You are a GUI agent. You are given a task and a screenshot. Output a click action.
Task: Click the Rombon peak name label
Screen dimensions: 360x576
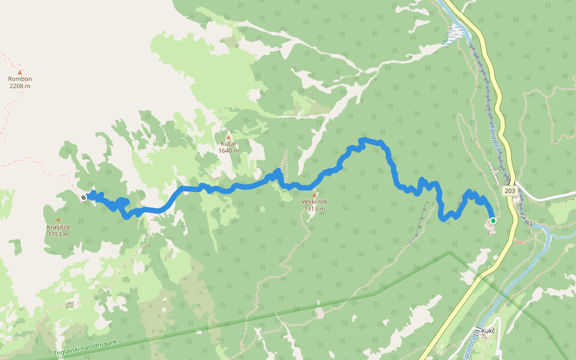pyautogui.click(x=20, y=79)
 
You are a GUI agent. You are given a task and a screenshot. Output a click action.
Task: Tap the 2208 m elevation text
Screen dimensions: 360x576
pyautogui.click(x=20, y=86)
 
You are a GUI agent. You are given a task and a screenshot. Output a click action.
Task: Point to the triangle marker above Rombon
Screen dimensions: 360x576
pyautogui.click(x=20, y=72)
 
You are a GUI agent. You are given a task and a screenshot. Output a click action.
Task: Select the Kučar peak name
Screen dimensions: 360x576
pyautogui.click(x=229, y=144)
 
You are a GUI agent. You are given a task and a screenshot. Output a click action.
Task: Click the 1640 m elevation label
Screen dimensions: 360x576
pyautogui.click(x=229, y=151)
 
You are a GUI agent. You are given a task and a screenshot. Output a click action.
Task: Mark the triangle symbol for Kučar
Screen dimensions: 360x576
pyautogui.click(x=228, y=137)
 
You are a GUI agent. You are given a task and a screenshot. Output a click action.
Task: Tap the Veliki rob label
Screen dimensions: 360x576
pyautogui.click(x=314, y=202)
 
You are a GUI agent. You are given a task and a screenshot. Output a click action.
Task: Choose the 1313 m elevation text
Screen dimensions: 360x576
pyautogui.click(x=314, y=209)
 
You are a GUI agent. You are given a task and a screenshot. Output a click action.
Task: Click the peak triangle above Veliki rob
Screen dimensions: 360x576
pyautogui.click(x=314, y=194)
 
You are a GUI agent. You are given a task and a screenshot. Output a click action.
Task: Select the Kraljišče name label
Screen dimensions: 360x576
pyautogui.click(x=58, y=227)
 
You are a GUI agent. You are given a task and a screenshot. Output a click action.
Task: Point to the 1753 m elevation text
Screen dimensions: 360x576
pyautogui.click(x=58, y=234)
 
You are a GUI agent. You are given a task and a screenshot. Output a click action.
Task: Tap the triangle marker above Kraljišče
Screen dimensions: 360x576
pyautogui.click(x=58, y=220)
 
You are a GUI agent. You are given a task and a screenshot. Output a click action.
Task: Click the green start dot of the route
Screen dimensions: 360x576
pyautogui.click(x=493, y=221)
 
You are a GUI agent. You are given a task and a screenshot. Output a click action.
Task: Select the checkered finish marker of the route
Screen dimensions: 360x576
pyautogui.click(x=83, y=197)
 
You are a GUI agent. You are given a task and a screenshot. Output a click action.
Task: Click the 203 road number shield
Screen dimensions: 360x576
pyautogui.click(x=509, y=191)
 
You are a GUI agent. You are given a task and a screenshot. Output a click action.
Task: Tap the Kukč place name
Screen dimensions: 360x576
pyautogui.click(x=488, y=331)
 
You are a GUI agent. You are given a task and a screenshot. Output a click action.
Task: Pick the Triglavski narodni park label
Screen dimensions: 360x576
pyautogui.click(x=84, y=348)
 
